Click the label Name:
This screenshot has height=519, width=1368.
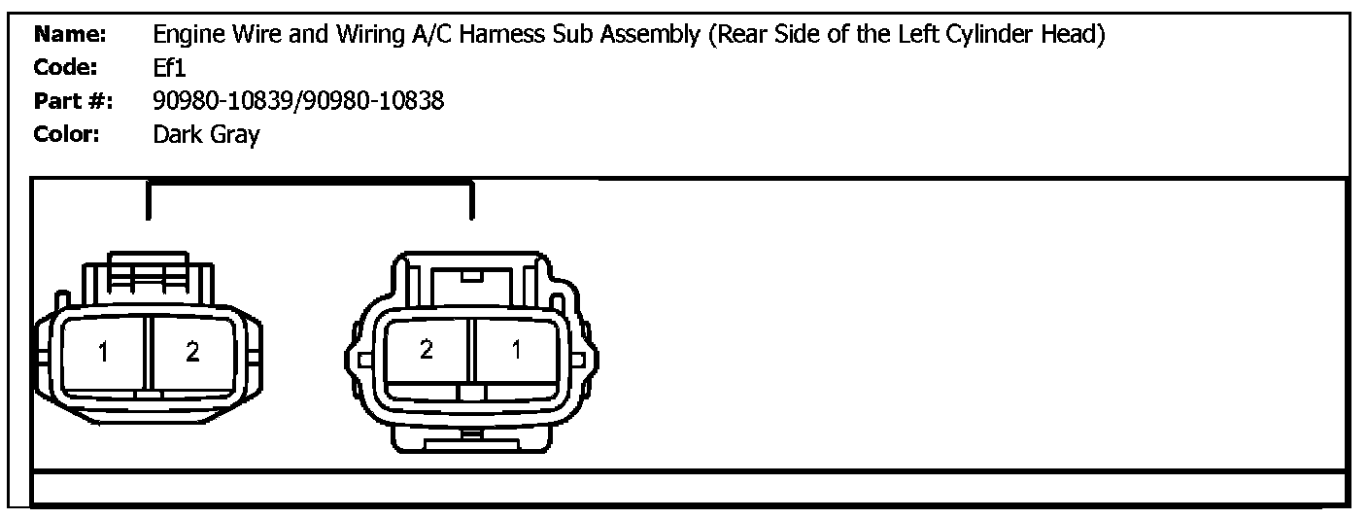pyautogui.click(x=70, y=34)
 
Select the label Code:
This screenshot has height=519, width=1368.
pyautogui.click(x=65, y=67)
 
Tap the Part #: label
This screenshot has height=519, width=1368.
pyautogui.click(x=73, y=101)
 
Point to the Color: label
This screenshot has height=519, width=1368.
pyautogui.click(x=67, y=134)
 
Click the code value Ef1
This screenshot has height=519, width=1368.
pyautogui.click(x=169, y=67)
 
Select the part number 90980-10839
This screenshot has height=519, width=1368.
pyautogui.click(x=222, y=101)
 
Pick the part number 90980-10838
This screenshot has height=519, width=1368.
pyautogui.click(x=373, y=101)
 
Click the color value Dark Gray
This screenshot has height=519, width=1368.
pyautogui.click(x=206, y=135)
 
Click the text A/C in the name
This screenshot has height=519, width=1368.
pyautogui.click(x=431, y=34)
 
